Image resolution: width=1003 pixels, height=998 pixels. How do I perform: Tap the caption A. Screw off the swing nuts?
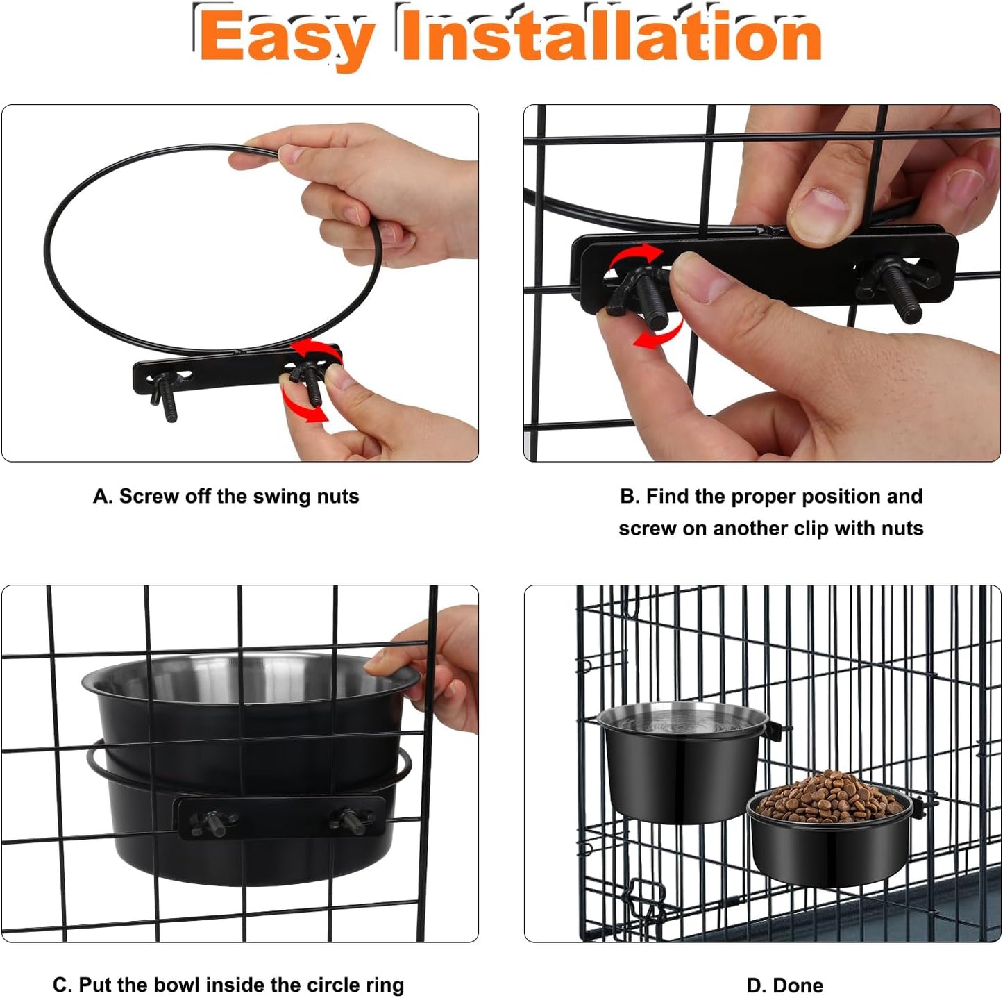pyautogui.click(x=226, y=497)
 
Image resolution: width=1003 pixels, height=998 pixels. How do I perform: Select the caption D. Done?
pyautogui.click(x=784, y=985)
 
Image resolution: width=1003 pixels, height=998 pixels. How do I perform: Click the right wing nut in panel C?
pyautogui.click(x=351, y=820)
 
